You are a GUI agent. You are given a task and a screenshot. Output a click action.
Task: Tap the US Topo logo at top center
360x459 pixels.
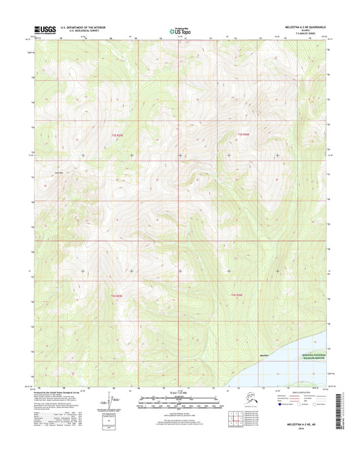point(180,30)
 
